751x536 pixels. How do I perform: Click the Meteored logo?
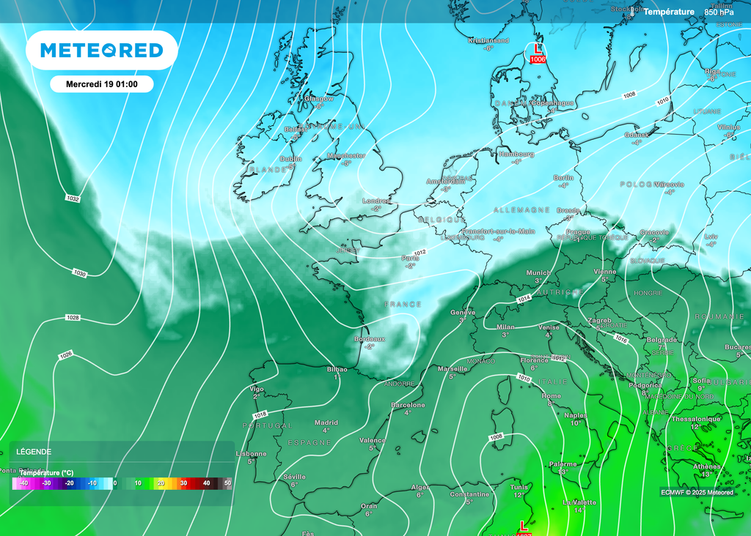[101, 50]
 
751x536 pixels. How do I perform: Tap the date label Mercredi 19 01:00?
[102, 84]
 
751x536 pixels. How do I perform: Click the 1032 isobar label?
[73, 198]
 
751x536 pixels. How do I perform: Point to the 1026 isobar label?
[65, 355]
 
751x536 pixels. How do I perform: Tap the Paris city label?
[410, 258]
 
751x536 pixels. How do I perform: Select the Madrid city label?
[326, 423]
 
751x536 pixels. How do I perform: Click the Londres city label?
[376, 201]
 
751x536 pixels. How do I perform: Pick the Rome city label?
[551, 395]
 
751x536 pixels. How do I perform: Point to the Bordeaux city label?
[370, 339]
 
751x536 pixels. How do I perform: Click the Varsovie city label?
[669, 184]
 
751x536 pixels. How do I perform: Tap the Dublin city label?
[291, 159]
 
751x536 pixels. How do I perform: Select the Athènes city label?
[707, 466]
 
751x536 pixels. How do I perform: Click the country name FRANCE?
[403, 304]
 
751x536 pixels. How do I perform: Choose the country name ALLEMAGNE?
[521, 209]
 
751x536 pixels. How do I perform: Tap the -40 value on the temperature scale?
[23, 483]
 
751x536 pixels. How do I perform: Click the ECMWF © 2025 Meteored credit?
[696, 492]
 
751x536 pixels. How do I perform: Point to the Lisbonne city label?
[252, 453]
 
